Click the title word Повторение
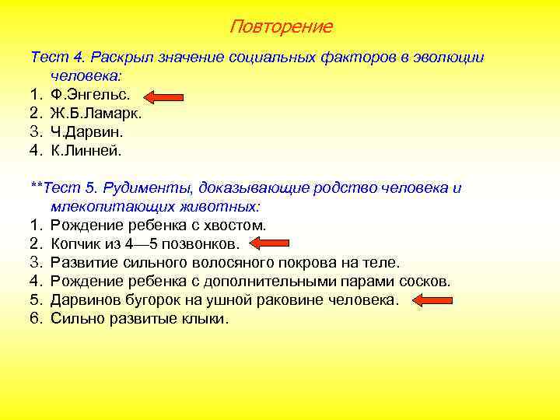[281, 27]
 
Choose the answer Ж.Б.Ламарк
[96, 114]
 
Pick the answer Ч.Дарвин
[87, 132]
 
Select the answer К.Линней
[87, 151]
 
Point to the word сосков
[426, 282]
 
